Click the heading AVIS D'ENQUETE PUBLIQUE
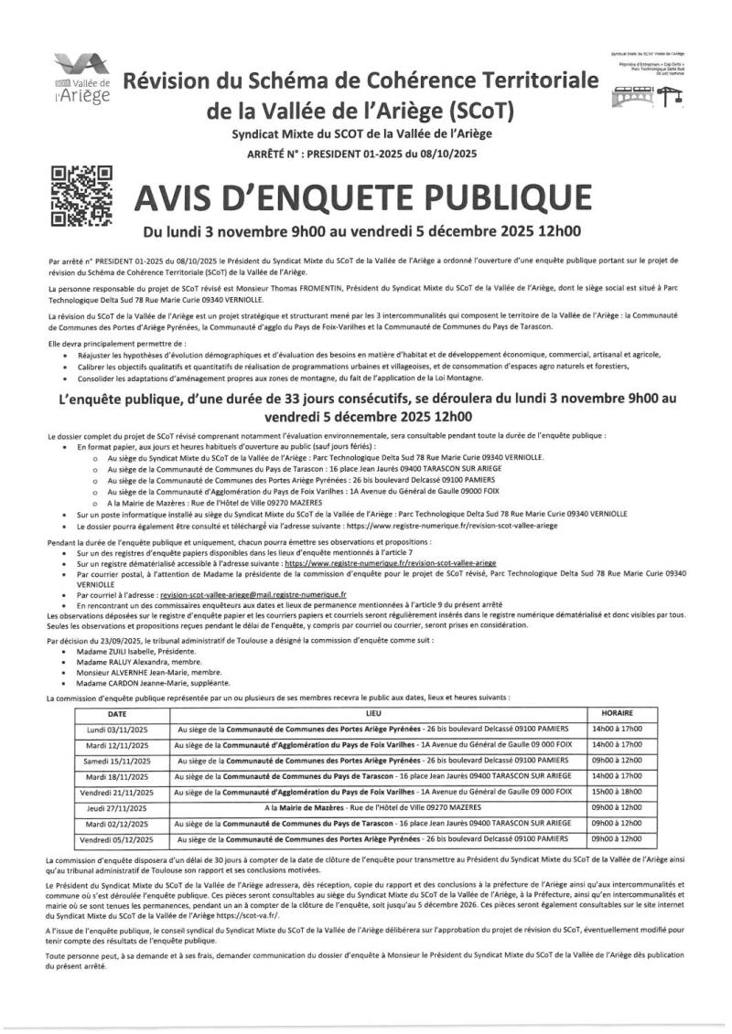[x=362, y=197]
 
